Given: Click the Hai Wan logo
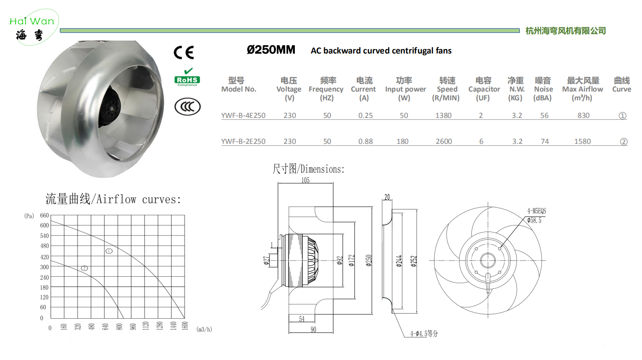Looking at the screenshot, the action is (x=33, y=27).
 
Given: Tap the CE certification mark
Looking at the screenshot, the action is (x=184, y=52).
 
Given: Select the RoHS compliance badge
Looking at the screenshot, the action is (x=187, y=77).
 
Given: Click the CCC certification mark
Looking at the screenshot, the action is (x=187, y=107).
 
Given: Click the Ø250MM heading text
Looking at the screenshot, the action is (x=271, y=50).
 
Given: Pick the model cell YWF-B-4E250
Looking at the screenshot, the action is (x=243, y=115).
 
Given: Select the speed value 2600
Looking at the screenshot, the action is (x=444, y=141).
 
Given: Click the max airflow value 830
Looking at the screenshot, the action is (x=583, y=115).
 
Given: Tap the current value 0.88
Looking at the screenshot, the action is (x=366, y=141).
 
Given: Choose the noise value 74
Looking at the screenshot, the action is (x=545, y=141).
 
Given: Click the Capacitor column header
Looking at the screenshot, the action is (x=484, y=89).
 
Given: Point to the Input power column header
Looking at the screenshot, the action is (x=405, y=89).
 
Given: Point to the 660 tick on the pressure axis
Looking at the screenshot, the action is (x=44, y=215).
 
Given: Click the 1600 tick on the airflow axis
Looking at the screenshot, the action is (x=185, y=326).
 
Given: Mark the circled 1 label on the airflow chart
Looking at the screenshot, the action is (x=109, y=251).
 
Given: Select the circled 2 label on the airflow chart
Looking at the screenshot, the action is (x=84, y=268).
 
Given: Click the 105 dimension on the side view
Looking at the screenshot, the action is (x=305, y=180).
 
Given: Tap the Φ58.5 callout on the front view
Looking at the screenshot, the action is (x=534, y=220).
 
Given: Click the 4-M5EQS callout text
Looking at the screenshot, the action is (x=537, y=211).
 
